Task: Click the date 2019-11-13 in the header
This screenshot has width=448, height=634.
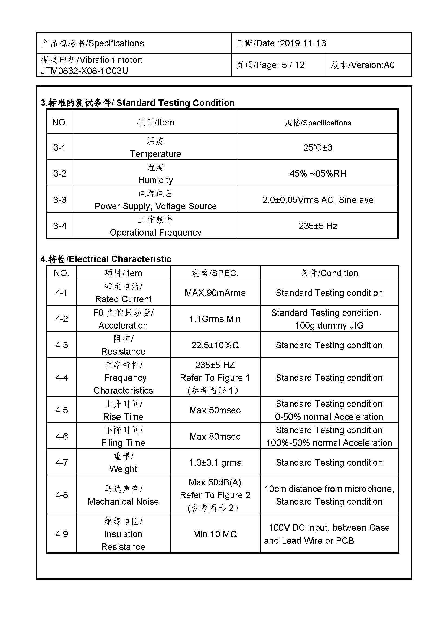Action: pos(303,43)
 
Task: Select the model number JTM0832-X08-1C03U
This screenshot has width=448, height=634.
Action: pos(85,71)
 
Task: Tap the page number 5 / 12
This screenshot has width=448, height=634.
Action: pos(293,65)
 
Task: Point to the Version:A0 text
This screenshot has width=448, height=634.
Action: pos(371,65)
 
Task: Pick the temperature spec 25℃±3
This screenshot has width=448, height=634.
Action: pos(318,147)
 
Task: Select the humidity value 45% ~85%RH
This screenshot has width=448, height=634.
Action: pos(318,173)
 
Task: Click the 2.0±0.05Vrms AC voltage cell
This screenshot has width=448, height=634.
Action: pos(318,200)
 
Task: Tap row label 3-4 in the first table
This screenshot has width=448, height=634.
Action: pos(60,226)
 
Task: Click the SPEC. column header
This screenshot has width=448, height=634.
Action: pos(215,273)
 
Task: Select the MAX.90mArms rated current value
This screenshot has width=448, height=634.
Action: pos(215,293)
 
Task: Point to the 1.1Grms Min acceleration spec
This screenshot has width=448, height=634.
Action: pos(215,319)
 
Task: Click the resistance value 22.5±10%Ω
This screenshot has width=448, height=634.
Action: pos(215,345)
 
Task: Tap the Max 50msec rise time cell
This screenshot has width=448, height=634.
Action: pos(215,410)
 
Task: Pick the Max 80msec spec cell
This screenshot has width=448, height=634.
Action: pos(215,437)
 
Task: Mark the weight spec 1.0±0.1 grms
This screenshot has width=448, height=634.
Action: pos(215,462)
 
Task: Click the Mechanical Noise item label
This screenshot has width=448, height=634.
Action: pos(123,501)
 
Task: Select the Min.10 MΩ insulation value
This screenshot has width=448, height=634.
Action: pos(215,534)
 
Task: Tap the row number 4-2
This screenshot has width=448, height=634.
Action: pos(61,319)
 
